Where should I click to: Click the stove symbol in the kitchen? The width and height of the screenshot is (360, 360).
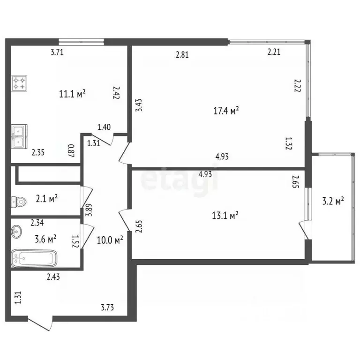[19, 83]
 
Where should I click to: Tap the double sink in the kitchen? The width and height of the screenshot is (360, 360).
[19, 136]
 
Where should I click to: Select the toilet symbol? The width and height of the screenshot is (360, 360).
[18, 202]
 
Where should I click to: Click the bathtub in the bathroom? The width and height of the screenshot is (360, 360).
[34, 258]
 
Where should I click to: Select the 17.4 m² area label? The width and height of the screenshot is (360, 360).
[226, 111]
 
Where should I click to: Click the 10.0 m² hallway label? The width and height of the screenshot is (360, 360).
[110, 240]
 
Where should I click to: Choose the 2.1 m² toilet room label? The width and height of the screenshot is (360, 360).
[46, 199]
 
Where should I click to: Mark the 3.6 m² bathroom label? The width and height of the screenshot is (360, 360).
[45, 239]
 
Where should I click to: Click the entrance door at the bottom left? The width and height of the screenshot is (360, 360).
[39, 323]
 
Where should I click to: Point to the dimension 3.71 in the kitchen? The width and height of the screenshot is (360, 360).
[57, 52]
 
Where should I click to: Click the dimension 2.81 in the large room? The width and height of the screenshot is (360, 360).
[182, 54]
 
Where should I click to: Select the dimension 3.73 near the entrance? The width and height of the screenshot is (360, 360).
[107, 307]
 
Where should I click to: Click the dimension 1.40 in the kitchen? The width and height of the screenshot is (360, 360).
[104, 127]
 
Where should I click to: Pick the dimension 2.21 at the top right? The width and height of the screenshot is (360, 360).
[274, 52]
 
